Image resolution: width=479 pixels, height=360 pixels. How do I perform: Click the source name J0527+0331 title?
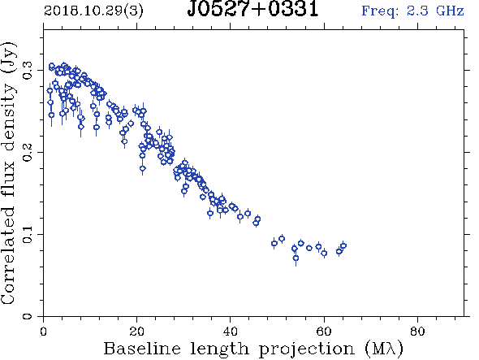pyautogui.click(x=253, y=9)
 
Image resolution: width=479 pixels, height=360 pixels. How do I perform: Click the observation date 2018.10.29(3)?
pyautogui.click(x=93, y=11)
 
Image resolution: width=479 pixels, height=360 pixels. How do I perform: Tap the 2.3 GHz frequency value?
pyautogui.click(x=435, y=11)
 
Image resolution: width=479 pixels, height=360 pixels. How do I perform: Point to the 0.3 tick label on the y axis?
pyautogui.click(x=28, y=71)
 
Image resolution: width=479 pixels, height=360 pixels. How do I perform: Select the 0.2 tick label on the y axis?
pyautogui.click(x=28, y=152)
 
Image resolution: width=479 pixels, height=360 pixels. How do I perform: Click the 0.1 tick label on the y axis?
pyautogui.click(x=28, y=234)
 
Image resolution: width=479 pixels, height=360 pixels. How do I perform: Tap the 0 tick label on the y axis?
pyautogui.click(x=28, y=315)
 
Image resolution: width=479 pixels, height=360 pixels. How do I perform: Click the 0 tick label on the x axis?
pyautogui.click(x=43, y=332)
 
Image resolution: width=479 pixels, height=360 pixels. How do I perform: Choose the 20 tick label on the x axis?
pyautogui.click(x=137, y=332)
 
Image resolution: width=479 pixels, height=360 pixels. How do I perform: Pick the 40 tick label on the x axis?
pyautogui.click(x=231, y=332)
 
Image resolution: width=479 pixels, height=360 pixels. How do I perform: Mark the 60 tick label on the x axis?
pyautogui.click(x=324, y=332)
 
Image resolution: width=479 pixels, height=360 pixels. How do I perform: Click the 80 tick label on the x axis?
pyautogui.click(x=417, y=332)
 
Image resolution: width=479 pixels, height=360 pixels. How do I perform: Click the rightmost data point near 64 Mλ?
pyautogui.click(x=343, y=245)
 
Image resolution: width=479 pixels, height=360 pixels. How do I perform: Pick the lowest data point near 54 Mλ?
pyautogui.click(x=296, y=258)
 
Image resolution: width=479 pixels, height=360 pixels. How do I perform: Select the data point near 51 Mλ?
pyautogui.click(x=282, y=239)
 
